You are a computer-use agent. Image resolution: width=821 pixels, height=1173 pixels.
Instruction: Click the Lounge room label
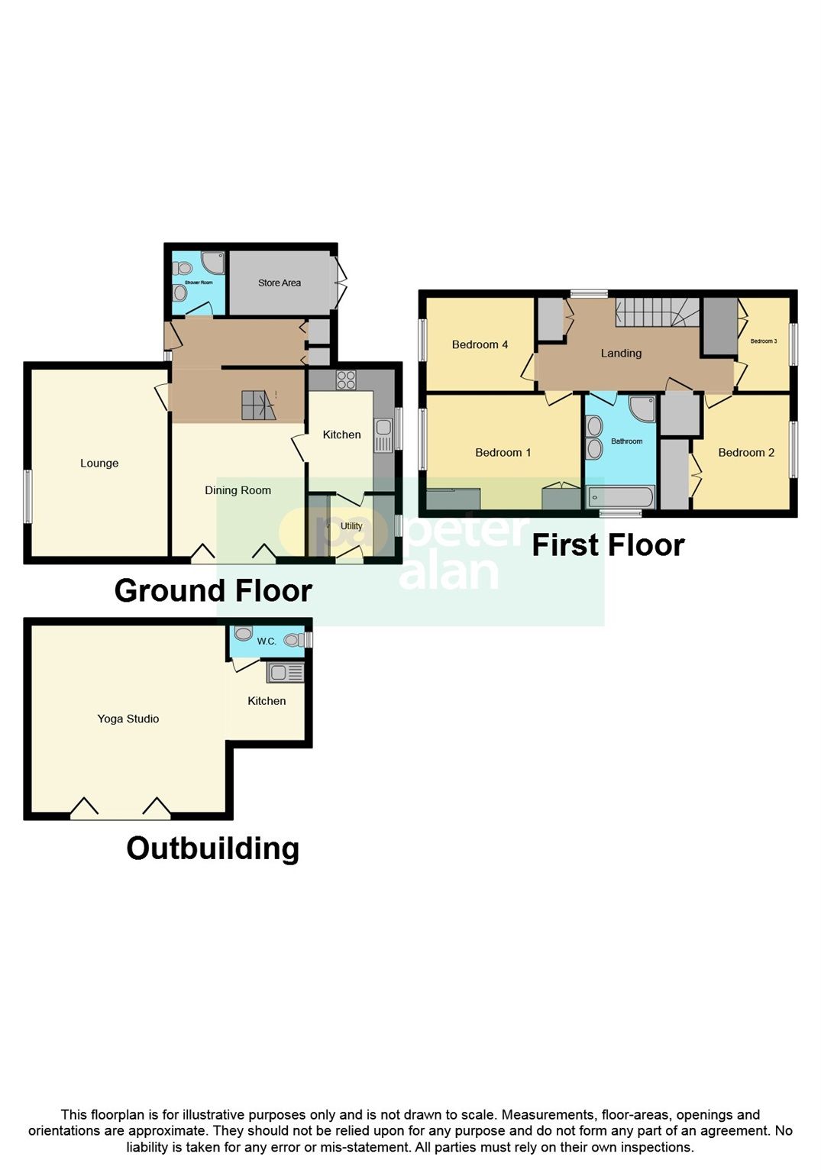pos(99,463)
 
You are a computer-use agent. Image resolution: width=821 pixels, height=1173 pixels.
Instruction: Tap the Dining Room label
pos(238,490)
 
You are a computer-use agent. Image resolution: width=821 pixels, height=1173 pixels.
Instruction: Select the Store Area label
pos(280,283)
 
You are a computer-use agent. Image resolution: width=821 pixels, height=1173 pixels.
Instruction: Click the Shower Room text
pos(199,283)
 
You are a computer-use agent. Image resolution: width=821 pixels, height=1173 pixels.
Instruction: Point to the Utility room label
pos(351,526)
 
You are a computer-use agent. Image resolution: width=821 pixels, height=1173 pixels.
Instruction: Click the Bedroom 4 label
pos(480,344)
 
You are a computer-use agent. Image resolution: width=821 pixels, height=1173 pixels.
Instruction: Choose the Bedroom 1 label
pos(503,452)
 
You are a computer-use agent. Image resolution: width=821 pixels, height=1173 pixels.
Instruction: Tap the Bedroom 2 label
pos(746,452)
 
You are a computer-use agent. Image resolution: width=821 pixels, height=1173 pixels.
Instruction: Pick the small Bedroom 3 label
pos(763,341)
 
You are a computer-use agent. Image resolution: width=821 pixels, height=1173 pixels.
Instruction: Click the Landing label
pos(621,353)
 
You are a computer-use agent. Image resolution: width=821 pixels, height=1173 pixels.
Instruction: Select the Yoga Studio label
pos(128,719)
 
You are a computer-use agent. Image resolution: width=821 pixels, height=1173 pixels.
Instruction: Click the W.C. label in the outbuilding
pos(267,641)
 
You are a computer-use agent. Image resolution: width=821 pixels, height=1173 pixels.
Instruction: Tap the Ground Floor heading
pos(213,591)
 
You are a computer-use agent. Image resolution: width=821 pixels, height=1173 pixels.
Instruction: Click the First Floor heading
pos(608,545)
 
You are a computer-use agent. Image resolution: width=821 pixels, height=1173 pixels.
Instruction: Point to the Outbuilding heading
pos(212,848)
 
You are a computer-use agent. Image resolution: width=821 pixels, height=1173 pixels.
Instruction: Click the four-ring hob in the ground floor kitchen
pos(346,380)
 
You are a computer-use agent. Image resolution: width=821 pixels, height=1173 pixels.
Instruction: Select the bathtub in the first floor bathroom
pos(620,498)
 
